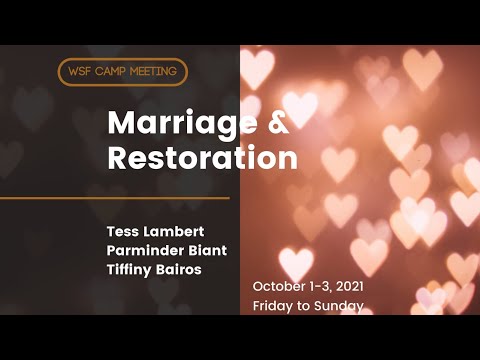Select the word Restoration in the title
(202, 158)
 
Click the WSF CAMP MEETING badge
(123, 72)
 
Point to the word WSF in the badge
(80, 72)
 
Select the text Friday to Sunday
(307, 306)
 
